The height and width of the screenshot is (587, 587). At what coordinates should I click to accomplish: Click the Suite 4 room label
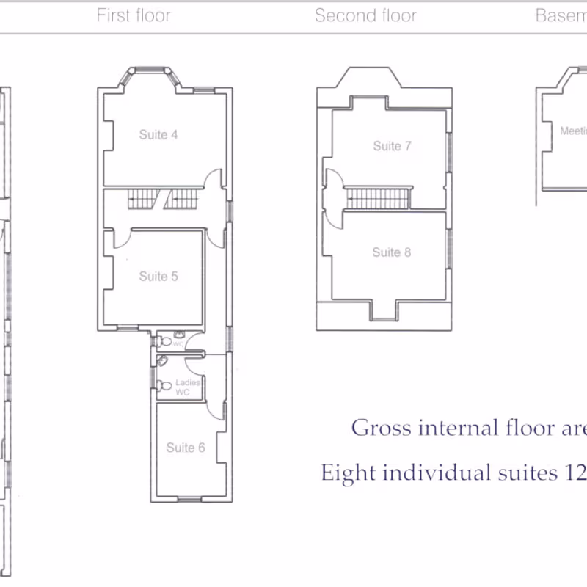tap(158, 135)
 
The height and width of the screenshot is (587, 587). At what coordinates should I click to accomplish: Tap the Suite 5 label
tap(158, 277)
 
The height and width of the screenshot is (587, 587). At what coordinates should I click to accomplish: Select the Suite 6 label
tap(185, 448)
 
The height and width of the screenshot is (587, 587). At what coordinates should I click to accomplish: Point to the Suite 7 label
tap(392, 146)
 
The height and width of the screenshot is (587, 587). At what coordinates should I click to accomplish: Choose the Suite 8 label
tap(391, 252)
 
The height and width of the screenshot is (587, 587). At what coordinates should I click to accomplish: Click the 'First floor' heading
tap(134, 15)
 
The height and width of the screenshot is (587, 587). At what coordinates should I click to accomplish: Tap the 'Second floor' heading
tap(365, 15)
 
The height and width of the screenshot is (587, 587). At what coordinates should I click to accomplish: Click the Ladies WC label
tap(183, 387)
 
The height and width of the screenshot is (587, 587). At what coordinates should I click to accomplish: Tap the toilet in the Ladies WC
tap(165, 385)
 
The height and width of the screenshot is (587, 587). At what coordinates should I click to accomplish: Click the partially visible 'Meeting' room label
tap(573, 131)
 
